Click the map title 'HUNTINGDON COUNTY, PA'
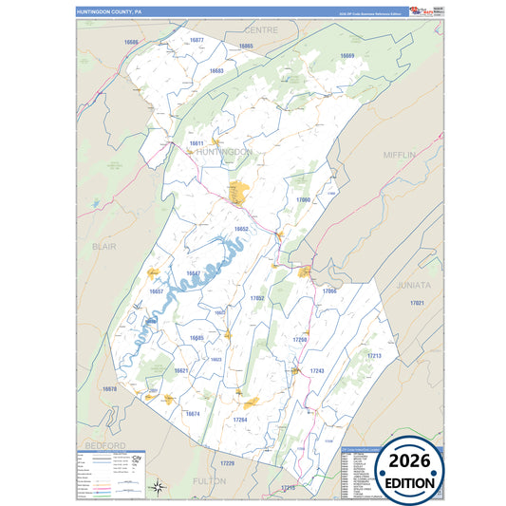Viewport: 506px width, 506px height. [x=109, y=11]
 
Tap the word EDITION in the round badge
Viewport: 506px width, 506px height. [x=412, y=482]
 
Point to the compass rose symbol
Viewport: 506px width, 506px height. [x=160, y=487]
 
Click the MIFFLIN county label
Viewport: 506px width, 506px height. [x=400, y=153]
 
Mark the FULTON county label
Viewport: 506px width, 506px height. [x=209, y=481]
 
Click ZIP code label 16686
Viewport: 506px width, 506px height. [x=131, y=43]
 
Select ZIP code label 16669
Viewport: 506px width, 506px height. [x=347, y=56]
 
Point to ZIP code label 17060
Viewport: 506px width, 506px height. [x=303, y=200]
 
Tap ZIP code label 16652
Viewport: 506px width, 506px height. [x=241, y=229]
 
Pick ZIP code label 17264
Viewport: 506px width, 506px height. [x=240, y=419]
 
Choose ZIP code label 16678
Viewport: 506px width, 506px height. [x=109, y=389]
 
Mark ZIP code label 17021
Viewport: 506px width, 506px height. [x=416, y=302]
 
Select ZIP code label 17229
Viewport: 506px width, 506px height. [x=227, y=462]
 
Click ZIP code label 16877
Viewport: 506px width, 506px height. [x=197, y=40]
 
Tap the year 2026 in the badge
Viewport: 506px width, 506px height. [x=412, y=460]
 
